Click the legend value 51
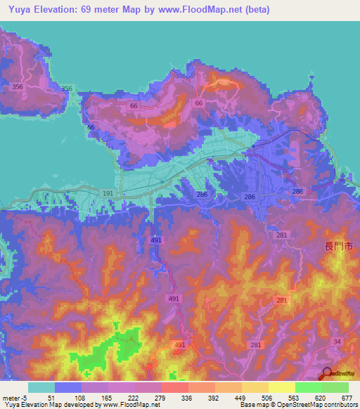click(x=50, y=397)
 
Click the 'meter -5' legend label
click(x=15, y=397)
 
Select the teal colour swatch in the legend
click(x=41, y=387)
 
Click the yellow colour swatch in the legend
click(x=282, y=387)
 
